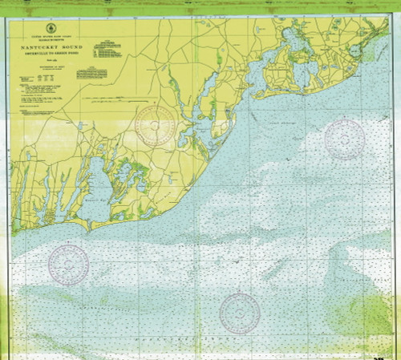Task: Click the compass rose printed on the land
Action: tap(155, 125)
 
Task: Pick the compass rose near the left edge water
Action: tap(68, 262)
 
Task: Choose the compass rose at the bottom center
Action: tap(239, 312)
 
